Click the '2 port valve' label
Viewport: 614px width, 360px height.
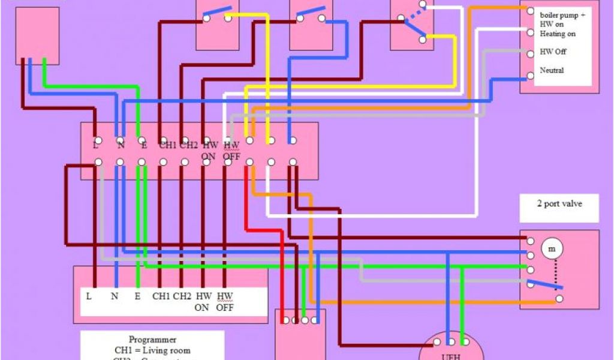(x=558, y=204)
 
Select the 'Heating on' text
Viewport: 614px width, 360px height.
(x=558, y=34)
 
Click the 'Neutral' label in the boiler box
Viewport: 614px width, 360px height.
(x=552, y=71)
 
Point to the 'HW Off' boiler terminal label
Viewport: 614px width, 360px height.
(x=553, y=52)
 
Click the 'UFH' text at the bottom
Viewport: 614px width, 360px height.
(x=450, y=355)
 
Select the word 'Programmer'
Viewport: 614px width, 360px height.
(x=152, y=340)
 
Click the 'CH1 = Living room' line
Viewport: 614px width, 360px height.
(x=152, y=350)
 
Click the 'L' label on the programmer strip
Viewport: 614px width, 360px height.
(x=89, y=296)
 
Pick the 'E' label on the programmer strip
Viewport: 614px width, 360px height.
(x=138, y=296)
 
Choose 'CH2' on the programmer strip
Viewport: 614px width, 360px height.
(x=182, y=296)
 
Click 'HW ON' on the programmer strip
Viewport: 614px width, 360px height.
(x=202, y=302)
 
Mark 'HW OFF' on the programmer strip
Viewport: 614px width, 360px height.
(x=224, y=302)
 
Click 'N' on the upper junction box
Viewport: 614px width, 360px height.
(x=120, y=145)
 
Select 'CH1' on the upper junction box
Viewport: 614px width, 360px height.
(x=167, y=145)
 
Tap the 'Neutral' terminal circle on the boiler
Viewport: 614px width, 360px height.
(x=530, y=76)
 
